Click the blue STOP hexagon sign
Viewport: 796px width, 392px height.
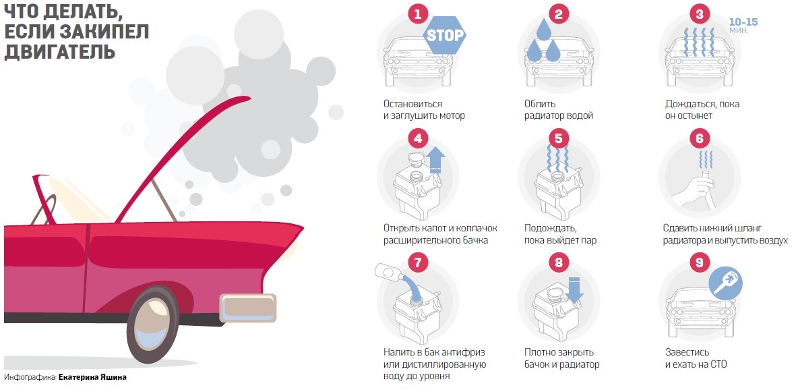pyautogui.click(x=445, y=35)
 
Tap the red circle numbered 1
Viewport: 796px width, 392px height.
pyautogui.click(x=418, y=14)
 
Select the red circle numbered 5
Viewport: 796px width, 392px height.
pyautogui.click(x=559, y=138)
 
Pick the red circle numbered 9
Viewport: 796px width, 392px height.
pyautogui.click(x=700, y=263)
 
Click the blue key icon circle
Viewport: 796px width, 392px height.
pyautogui.click(x=726, y=283)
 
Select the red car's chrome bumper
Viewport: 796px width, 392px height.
pyautogui.click(x=248, y=308)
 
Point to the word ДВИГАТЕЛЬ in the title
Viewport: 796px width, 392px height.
pyautogui.click(x=60, y=51)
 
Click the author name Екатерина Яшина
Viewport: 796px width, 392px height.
pyautogui.click(x=92, y=377)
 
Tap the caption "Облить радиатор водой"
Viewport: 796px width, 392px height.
pyautogui.click(x=559, y=110)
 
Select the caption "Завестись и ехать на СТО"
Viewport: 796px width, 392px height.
pyautogui.click(x=696, y=358)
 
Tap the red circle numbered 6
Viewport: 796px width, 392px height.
pyautogui.click(x=700, y=138)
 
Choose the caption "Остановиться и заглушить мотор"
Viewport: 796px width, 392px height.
pyautogui.click(x=425, y=110)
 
